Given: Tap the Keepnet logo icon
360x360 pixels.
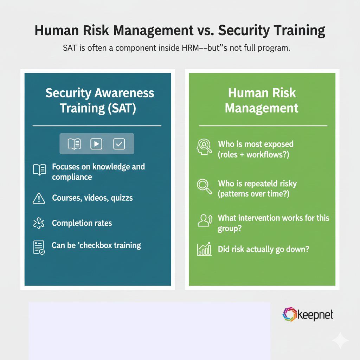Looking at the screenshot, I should point(290,314).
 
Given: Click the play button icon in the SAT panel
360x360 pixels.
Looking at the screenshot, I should point(96,143).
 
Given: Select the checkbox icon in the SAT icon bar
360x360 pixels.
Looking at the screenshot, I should point(119,143).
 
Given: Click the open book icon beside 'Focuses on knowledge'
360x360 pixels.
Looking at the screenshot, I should point(39,170).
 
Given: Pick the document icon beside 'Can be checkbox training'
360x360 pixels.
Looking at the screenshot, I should point(39,247).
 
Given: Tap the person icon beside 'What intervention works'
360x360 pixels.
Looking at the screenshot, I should point(205,220).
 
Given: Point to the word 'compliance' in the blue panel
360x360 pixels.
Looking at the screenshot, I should point(72,177).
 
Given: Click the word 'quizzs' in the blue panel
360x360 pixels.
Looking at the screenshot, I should point(122,198).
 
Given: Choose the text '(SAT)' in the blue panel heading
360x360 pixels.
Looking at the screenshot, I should point(120,108).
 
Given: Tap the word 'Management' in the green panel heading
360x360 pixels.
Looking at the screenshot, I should point(262,108).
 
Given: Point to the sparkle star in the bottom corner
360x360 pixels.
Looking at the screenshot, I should point(340,340).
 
